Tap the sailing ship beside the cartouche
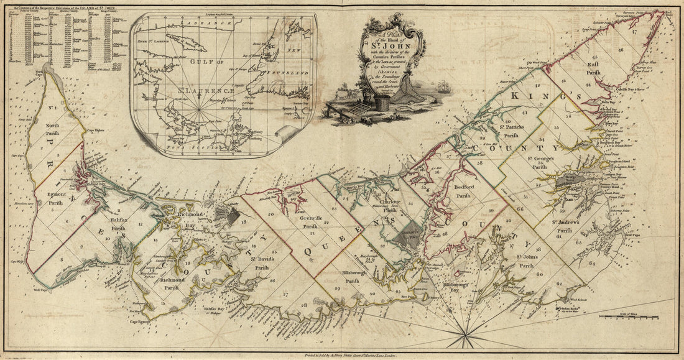pyautogui.click(x=443, y=87)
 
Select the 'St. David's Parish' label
pyautogui.click(x=264, y=264)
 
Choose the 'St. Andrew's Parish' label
pyautogui.click(x=565, y=226)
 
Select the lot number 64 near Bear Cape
pyautogui.click(x=591, y=263)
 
